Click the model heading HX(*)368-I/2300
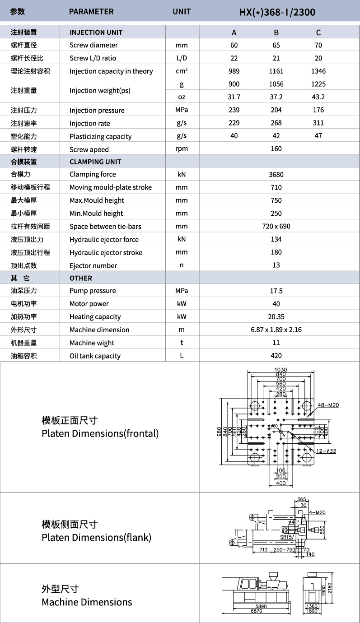click(276, 12)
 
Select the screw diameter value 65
click(276, 45)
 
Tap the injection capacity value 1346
click(318, 71)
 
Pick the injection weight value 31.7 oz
click(234, 97)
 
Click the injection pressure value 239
click(234, 110)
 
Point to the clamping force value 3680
click(276, 175)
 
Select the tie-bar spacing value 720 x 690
click(276, 227)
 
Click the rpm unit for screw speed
click(182, 149)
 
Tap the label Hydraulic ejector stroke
click(106, 253)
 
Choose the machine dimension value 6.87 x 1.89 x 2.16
click(276, 330)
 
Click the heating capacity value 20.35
click(276, 317)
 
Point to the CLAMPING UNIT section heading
click(95, 162)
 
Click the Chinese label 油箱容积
click(24, 356)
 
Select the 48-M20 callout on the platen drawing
click(328, 405)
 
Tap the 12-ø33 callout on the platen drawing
click(327, 451)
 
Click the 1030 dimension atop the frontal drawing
click(281, 370)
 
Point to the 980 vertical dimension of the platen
click(220, 432)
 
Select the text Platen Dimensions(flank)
click(96, 538)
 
